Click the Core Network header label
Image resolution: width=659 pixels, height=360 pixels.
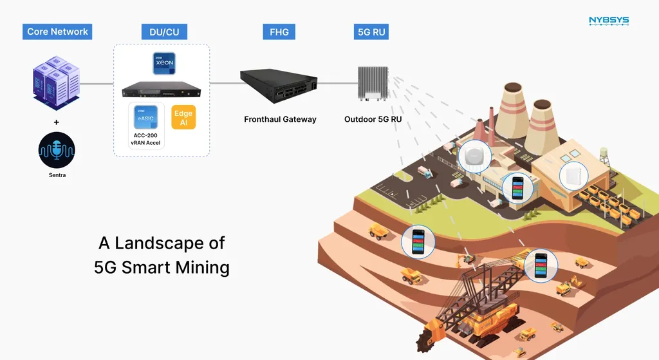click(x=57, y=32)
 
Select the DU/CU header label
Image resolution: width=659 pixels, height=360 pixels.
click(x=160, y=32)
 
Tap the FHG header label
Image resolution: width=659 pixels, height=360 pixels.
click(x=278, y=32)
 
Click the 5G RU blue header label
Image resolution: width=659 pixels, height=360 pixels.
click(x=372, y=32)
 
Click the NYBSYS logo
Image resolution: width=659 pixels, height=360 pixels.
click(x=609, y=21)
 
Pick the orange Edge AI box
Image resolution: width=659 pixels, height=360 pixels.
click(x=183, y=117)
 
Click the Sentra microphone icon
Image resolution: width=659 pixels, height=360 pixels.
click(x=57, y=149)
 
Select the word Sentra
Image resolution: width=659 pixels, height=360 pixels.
click(x=57, y=175)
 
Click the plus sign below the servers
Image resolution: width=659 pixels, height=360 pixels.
click(x=57, y=122)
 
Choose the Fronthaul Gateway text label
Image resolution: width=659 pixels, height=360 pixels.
click(x=280, y=119)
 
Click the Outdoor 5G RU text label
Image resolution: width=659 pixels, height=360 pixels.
click(x=373, y=119)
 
